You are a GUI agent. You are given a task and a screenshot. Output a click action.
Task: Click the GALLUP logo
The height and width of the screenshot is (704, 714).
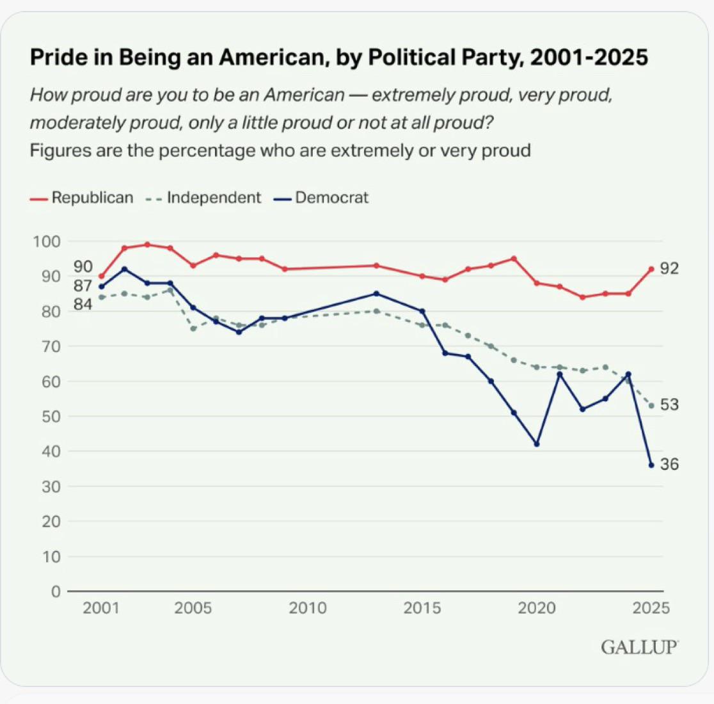639,647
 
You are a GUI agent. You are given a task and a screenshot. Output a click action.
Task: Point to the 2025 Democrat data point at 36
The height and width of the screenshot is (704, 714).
651,465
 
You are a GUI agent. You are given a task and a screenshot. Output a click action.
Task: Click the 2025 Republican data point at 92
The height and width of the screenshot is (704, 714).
651,269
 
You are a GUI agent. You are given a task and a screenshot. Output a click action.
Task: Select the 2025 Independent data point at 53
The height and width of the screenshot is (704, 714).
651,406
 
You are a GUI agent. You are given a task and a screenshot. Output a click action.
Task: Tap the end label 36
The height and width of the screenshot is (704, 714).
669,465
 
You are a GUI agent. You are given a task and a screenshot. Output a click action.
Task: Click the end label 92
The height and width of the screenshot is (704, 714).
669,269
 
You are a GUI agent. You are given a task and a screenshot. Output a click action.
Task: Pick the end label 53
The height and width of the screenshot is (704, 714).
669,405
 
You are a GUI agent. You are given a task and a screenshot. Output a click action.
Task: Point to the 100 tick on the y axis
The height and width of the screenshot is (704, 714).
45,242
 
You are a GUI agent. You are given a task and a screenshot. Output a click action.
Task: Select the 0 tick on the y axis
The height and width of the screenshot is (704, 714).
55,591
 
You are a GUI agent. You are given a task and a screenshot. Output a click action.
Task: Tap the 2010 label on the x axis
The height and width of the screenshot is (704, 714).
307,608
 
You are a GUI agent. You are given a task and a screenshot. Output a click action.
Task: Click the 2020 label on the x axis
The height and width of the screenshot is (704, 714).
536,608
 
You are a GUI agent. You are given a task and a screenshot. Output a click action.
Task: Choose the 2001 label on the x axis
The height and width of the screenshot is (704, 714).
101,608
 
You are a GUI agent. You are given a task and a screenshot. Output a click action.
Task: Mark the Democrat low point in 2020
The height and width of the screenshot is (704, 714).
537,444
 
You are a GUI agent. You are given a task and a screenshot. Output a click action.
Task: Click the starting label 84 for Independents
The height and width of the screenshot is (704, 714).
83,305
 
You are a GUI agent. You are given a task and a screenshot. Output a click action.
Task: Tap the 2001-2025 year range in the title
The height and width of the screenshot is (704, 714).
589,58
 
